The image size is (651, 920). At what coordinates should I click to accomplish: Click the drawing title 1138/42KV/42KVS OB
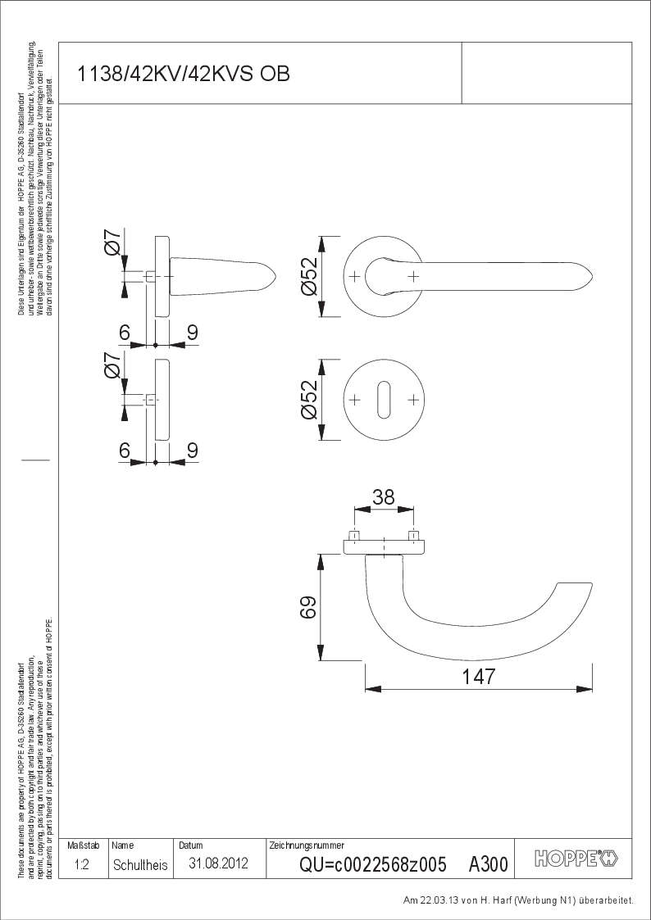(182, 75)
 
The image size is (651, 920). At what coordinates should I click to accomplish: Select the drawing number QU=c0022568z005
(373, 864)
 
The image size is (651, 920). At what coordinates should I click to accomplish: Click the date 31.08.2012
(218, 863)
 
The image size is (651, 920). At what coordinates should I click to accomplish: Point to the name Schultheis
(140, 864)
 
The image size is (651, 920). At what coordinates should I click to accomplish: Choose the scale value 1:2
(81, 864)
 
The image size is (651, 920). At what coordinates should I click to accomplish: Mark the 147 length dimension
(479, 677)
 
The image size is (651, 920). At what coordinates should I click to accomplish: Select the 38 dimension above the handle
(383, 496)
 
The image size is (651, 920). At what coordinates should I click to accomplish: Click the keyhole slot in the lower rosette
(384, 400)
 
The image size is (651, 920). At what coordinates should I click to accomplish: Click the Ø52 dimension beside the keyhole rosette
(310, 400)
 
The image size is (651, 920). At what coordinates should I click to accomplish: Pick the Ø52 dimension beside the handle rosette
(310, 277)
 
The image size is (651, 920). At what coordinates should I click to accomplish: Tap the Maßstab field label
(83, 845)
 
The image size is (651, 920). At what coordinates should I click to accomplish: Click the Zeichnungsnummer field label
(306, 845)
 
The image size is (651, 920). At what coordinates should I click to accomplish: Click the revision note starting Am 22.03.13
(518, 900)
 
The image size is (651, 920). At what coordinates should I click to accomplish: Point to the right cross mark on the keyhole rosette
(413, 400)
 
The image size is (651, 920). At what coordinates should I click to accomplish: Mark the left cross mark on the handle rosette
(354, 277)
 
